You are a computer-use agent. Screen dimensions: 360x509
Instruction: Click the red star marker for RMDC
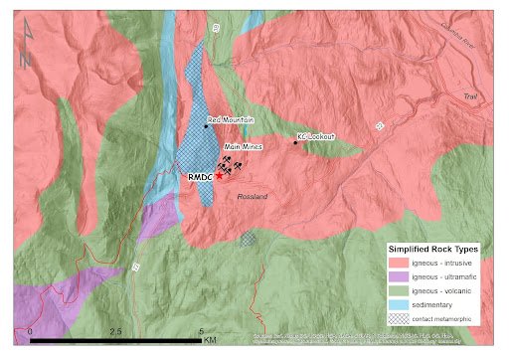coord(219,175)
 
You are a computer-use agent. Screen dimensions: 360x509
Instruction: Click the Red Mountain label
coord(232,119)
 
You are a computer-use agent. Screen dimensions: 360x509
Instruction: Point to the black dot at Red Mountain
coord(206,125)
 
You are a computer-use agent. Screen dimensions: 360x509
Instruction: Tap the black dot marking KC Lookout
coord(295,142)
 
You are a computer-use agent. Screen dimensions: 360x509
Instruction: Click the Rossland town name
coord(254,197)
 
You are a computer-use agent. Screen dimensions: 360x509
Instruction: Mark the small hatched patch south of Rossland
coord(248,240)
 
